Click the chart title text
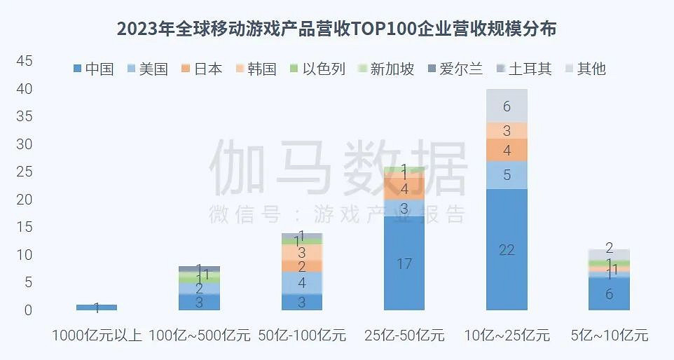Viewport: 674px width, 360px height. click(336, 29)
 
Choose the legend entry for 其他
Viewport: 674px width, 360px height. click(584, 69)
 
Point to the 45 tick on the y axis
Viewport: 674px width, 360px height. click(24, 62)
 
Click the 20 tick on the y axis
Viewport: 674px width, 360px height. click(24, 200)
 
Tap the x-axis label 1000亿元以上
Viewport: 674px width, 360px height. click(97, 335)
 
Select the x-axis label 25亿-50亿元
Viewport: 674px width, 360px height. click(404, 335)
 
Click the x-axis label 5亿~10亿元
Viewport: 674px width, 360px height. click(609, 335)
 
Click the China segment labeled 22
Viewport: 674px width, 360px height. click(507, 249)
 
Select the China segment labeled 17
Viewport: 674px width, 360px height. click(404, 263)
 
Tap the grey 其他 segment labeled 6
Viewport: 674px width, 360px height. click(507, 106)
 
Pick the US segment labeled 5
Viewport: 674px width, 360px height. click(507, 175)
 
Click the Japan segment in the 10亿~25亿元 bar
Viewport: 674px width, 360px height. click(507, 150)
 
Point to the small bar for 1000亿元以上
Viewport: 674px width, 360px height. click(97, 307)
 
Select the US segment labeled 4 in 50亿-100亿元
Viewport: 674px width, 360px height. click(302, 283)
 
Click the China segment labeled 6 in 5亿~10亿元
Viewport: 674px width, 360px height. click(609, 293)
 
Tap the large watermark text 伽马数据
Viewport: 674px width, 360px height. click(338, 169)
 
